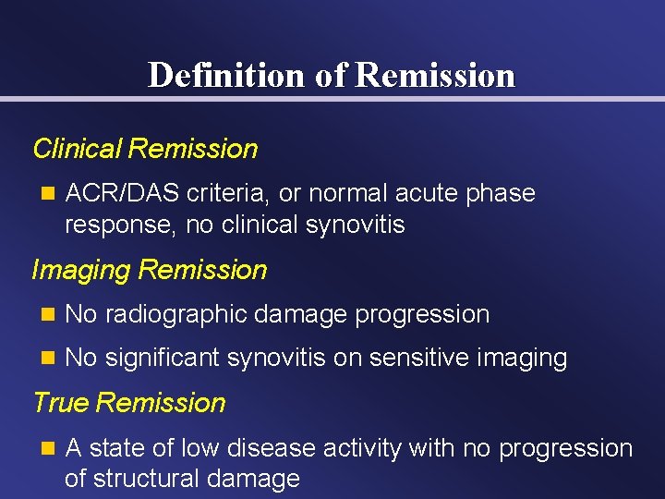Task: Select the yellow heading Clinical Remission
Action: click(145, 149)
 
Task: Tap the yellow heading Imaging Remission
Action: click(149, 270)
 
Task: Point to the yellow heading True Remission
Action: click(129, 403)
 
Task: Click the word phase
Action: click(501, 194)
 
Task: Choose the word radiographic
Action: click(175, 314)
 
